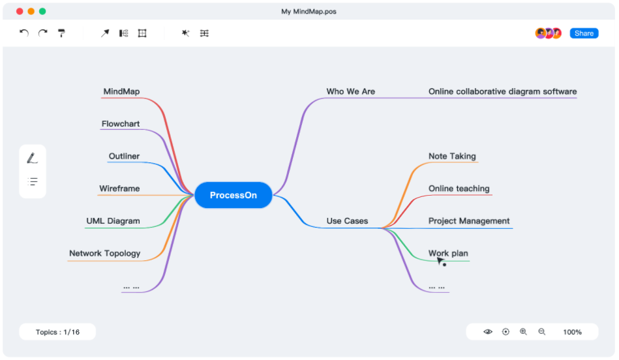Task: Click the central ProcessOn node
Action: pos(234,195)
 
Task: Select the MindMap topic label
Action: pos(121,91)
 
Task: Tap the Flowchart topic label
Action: pos(121,124)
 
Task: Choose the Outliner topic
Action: pos(125,157)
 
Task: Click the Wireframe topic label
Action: pos(119,188)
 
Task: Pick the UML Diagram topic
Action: pos(113,221)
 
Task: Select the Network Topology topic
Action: pos(104,254)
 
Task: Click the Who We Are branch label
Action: pos(350,91)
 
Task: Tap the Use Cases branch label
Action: pos(347,221)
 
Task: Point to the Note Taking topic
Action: pos(452,157)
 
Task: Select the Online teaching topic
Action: pos(459,188)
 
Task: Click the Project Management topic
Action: pos(469,221)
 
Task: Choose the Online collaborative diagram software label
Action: pos(502,91)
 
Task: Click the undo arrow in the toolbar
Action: pos(24,33)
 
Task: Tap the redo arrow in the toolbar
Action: pos(42,33)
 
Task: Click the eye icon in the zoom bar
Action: pos(488,332)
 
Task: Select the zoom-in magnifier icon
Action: pos(524,332)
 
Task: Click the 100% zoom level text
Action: pos(573,333)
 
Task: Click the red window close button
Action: pos(20,12)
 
